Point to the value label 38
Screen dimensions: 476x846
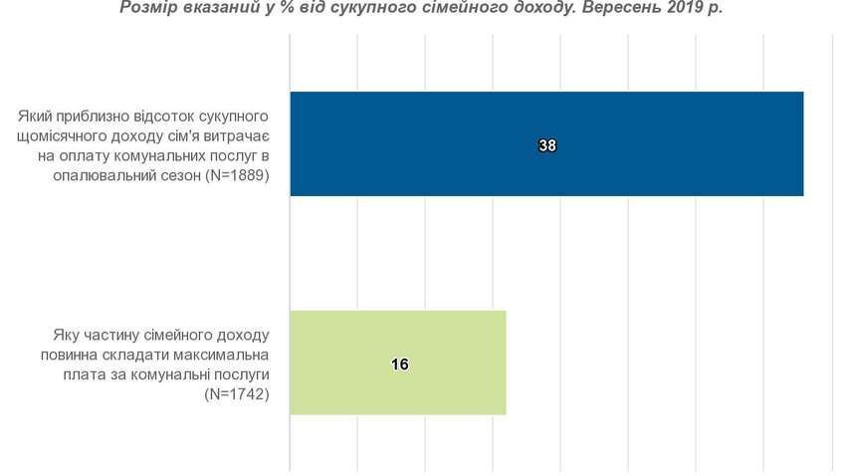point(547,145)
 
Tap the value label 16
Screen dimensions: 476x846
point(400,364)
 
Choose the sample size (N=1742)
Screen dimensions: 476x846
point(237,394)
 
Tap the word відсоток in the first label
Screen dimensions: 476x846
point(144,118)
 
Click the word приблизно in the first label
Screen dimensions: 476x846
point(76,118)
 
